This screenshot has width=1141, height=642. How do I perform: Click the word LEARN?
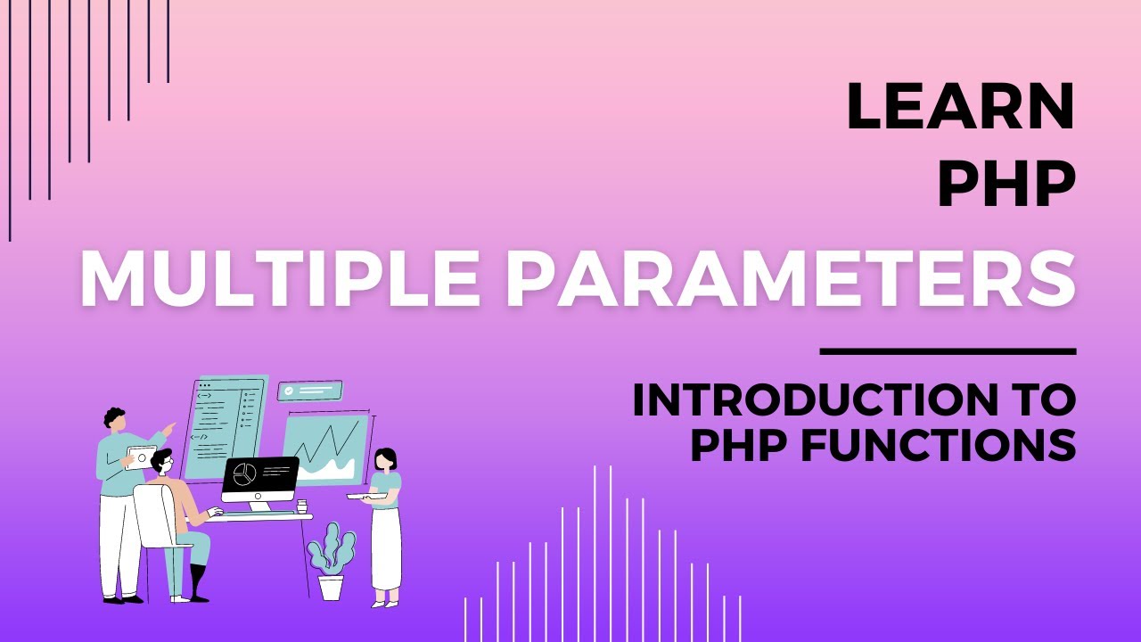click(x=961, y=107)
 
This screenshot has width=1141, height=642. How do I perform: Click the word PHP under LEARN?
click(x=1006, y=185)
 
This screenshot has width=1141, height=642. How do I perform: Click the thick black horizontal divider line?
click(x=948, y=351)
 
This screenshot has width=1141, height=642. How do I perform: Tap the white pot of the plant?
click(x=331, y=587)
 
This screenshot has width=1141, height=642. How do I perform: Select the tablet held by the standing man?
click(x=140, y=457)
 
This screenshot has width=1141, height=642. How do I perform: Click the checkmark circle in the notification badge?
click(x=289, y=391)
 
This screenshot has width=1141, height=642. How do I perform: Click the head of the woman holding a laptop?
click(x=386, y=459)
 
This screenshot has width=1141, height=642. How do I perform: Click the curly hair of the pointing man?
click(x=114, y=416)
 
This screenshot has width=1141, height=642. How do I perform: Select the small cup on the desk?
click(x=302, y=506)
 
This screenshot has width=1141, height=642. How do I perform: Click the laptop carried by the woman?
click(x=366, y=496)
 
